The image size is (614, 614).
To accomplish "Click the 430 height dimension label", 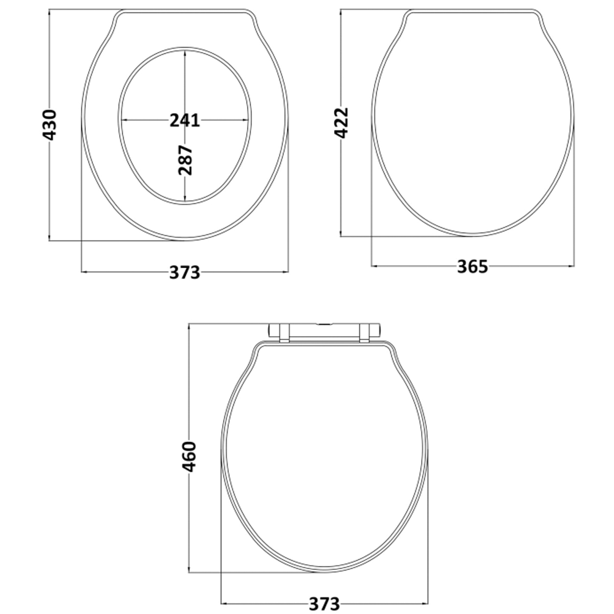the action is [x=49, y=125].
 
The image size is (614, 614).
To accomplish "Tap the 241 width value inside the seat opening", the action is [x=185, y=120].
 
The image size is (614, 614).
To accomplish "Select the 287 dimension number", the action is [x=185, y=160].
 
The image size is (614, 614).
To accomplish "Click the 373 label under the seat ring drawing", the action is [x=185, y=272].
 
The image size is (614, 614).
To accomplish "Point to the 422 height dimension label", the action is [x=341, y=123].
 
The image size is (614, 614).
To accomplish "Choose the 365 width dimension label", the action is [x=473, y=267].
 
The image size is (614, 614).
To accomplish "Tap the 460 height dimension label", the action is [x=189, y=456].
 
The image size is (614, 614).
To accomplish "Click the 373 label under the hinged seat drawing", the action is [x=324, y=603].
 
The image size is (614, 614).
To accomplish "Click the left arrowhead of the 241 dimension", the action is [x=125, y=120].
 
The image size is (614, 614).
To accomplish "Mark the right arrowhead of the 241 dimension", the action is [x=246, y=120].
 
